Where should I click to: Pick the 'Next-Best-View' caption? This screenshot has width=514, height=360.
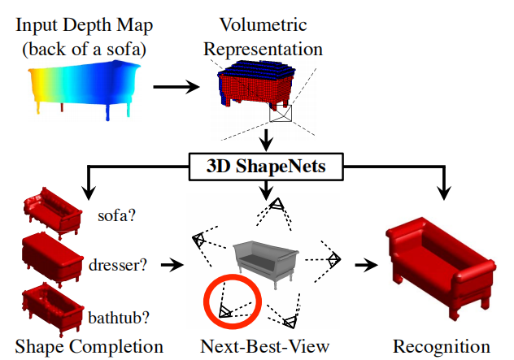[x=265, y=346]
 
